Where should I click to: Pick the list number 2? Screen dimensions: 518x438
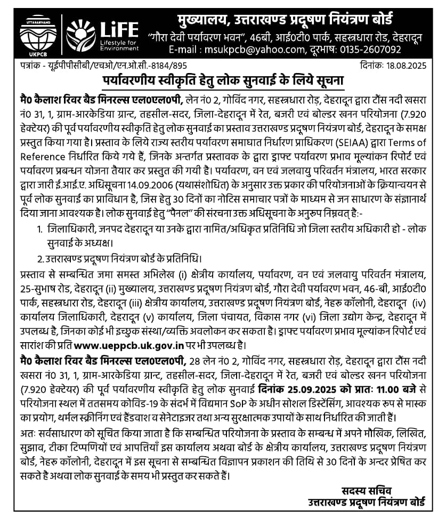tap(40, 260)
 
